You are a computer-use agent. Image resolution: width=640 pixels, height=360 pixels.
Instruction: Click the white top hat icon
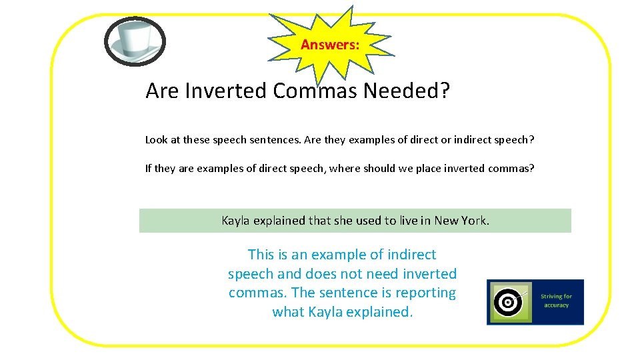pyautogui.click(x=135, y=41)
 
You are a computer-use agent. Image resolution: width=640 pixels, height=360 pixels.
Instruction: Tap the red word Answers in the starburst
pyautogui.click(x=330, y=45)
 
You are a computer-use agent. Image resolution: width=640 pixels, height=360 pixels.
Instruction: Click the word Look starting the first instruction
pyautogui.click(x=157, y=140)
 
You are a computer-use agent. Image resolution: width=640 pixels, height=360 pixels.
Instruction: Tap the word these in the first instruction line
pyautogui.click(x=197, y=140)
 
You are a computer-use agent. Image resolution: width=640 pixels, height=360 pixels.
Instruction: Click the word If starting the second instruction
pyautogui.click(x=149, y=169)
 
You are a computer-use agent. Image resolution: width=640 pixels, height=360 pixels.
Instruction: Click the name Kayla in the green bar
pyautogui.click(x=235, y=221)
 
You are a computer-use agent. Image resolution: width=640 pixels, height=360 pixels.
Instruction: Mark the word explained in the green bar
pyautogui.click(x=279, y=221)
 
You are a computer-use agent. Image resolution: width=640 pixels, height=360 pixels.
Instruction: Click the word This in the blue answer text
pyautogui.click(x=261, y=255)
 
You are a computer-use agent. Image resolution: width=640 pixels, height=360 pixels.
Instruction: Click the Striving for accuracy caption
pyautogui.click(x=556, y=301)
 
